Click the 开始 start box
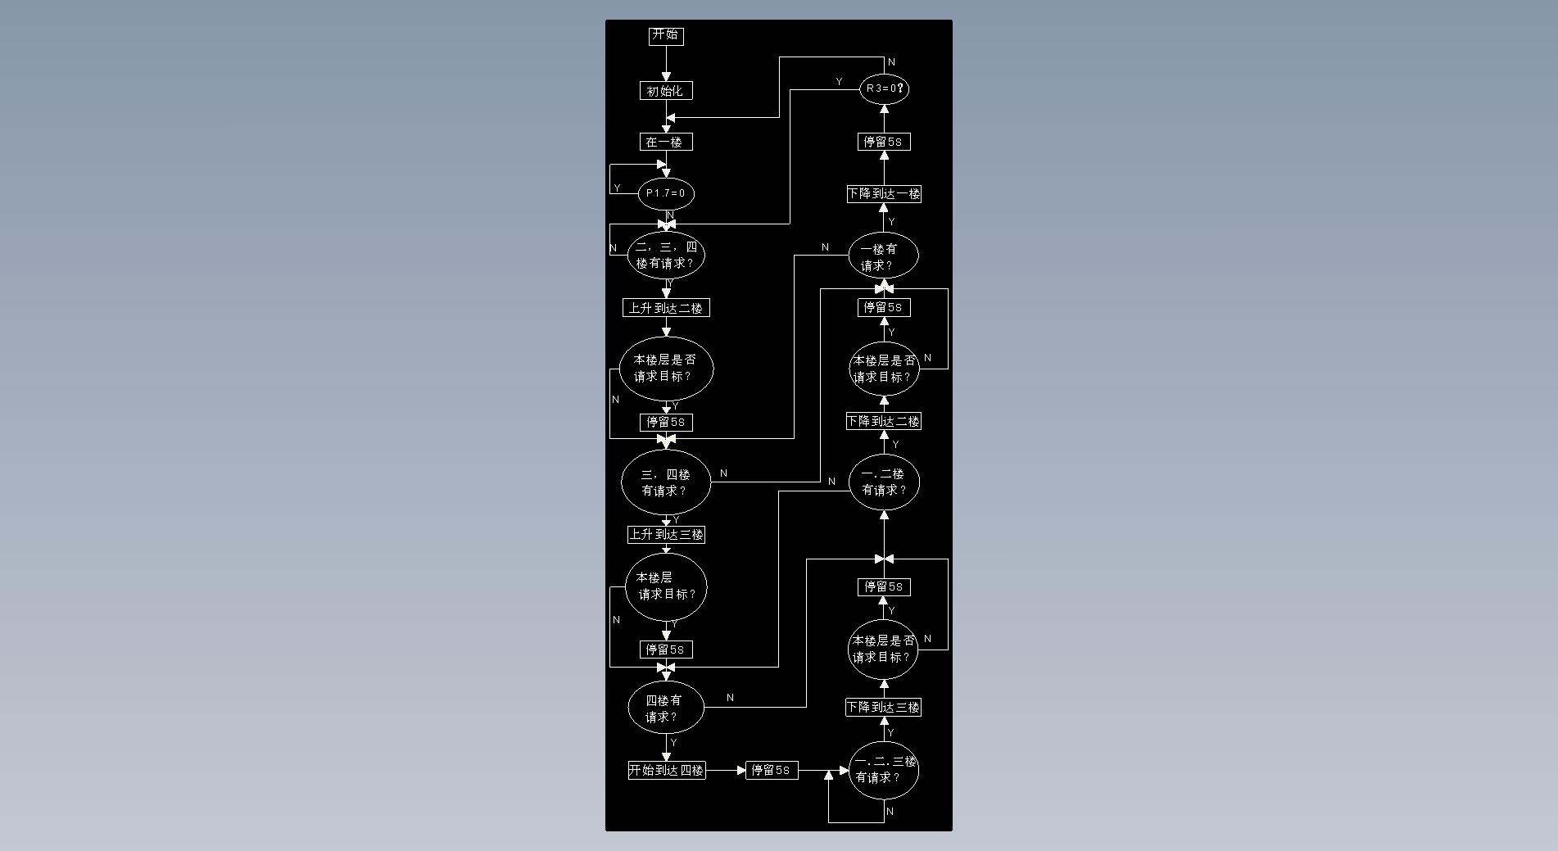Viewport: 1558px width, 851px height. [666, 35]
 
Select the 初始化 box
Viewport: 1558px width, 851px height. [666, 91]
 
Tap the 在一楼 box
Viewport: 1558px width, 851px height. [666, 142]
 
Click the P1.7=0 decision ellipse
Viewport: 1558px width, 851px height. [666, 193]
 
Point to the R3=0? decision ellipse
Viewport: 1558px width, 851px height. [884, 88]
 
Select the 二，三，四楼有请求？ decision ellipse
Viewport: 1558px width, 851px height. [666, 255]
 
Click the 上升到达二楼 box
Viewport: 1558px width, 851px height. [666, 308]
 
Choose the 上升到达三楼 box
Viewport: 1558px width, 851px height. [666, 535]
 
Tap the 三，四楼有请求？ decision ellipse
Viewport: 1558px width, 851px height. [666, 482]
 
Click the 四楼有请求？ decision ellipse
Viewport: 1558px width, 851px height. [666, 708]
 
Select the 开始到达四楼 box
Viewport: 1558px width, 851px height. [667, 771]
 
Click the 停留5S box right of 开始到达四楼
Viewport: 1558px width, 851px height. [772, 771]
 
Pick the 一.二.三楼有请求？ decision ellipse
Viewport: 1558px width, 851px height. [884, 770]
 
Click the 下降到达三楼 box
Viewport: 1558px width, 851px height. [884, 707]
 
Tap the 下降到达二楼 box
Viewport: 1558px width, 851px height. [884, 421]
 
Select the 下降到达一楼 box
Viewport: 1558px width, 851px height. [884, 194]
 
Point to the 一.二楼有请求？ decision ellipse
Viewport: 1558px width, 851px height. [884, 482]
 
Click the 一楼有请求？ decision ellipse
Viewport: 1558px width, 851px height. [884, 256]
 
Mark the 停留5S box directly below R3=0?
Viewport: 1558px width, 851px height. [884, 142]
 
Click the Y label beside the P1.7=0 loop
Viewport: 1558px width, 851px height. [618, 188]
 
